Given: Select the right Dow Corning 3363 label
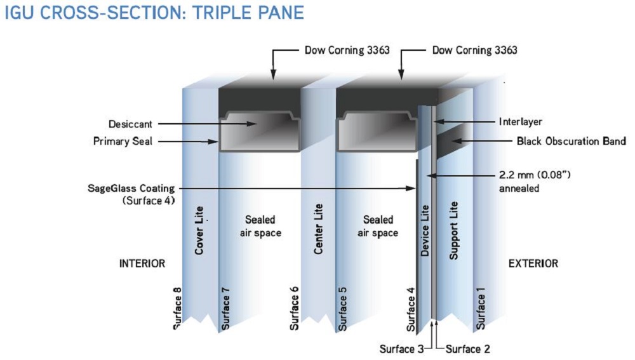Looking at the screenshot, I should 475,49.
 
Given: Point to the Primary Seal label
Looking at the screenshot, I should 123,142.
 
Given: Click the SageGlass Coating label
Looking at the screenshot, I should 131,189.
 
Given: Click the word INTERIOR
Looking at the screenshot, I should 142,263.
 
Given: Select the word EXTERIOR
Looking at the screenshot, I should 533,263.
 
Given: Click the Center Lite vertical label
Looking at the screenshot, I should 319,230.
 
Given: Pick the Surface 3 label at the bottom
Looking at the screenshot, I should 401,349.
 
